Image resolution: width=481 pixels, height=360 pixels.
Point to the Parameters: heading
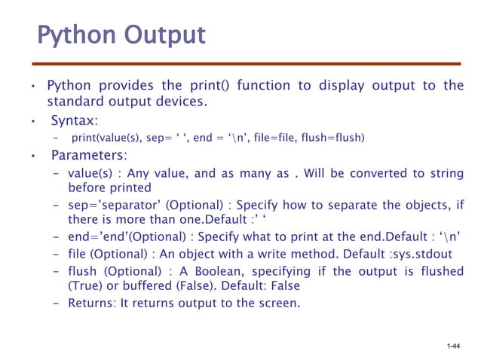(88, 156)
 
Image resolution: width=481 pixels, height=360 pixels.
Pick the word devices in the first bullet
(182, 102)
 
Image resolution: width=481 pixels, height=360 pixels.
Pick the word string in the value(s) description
(446, 173)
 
